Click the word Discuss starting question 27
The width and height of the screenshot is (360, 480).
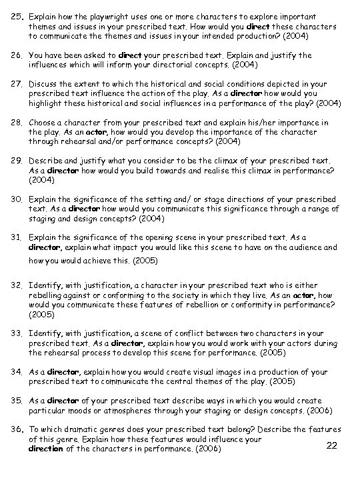(44, 85)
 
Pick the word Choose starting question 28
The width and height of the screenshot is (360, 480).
(43, 123)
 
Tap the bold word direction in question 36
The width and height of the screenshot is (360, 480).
(47, 449)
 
